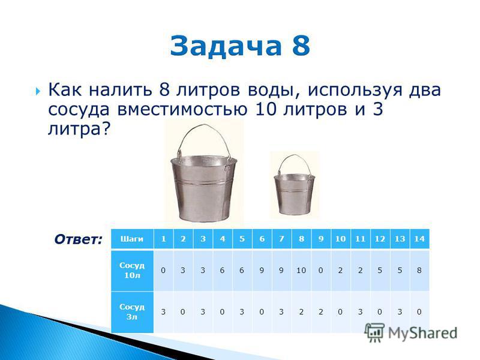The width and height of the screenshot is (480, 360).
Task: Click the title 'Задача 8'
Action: point(240,46)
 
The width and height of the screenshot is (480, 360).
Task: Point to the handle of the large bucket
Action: point(205,138)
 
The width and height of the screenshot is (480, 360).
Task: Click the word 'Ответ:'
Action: point(78,239)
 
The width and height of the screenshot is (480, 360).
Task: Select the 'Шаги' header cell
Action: point(132,239)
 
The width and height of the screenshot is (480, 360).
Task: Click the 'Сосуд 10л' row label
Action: point(132,271)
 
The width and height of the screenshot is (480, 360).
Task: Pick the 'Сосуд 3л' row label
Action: point(132,312)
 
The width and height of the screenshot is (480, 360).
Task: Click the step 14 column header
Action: point(419,239)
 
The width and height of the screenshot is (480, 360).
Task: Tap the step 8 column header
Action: point(301,239)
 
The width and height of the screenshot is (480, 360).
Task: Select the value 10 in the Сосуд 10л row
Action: point(301,271)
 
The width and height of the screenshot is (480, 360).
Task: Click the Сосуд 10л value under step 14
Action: point(419,271)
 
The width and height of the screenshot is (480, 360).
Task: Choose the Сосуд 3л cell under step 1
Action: point(163,312)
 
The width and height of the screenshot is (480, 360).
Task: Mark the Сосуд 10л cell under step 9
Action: point(321,271)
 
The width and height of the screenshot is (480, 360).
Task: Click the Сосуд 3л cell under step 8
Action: point(301,312)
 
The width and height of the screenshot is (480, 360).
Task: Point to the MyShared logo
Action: point(411,332)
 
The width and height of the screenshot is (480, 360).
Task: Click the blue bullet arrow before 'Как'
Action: point(38,91)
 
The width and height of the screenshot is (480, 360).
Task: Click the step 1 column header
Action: point(163,239)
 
